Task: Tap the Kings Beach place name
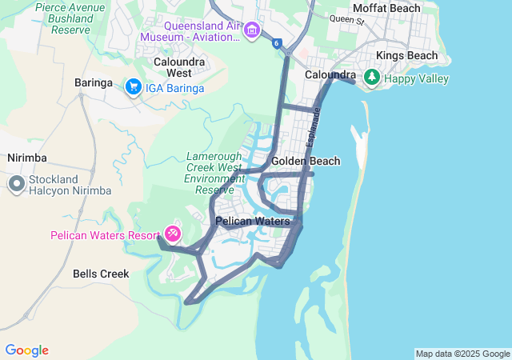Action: point(407,55)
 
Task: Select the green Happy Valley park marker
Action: point(371,78)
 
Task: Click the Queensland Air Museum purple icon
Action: point(253,30)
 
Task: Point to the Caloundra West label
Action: point(179,66)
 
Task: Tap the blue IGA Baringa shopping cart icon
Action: point(133,86)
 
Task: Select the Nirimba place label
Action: point(28,158)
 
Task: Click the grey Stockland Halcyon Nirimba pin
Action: point(16,185)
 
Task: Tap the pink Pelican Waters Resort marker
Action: point(173,234)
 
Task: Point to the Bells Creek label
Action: point(101,274)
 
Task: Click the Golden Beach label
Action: point(306,161)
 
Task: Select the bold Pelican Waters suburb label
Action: point(253,221)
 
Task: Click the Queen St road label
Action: point(346,18)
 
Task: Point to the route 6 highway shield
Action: point(276,43)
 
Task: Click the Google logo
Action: point(26,350)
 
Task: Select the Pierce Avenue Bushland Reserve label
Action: point(70,18)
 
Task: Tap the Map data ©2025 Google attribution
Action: point(462,354)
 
